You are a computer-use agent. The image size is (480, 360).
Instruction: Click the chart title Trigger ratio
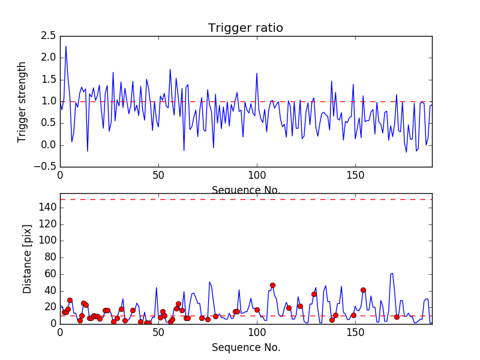point(245,28)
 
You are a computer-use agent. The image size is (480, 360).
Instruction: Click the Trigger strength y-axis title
point(22,101)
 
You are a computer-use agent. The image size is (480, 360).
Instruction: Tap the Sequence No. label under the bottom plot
point(245,347)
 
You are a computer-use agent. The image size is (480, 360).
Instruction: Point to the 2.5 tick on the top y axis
point(48,36)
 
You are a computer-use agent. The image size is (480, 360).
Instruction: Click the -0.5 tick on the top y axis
point(46,167)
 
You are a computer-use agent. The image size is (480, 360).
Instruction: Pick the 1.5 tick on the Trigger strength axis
point(48,80)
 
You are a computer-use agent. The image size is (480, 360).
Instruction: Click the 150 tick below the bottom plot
point(355,333)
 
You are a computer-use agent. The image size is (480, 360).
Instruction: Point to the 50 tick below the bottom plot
point(158,333)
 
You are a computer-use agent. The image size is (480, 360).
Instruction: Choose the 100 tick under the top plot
point(257,175)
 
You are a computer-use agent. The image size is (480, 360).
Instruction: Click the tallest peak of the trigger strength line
point(66,46)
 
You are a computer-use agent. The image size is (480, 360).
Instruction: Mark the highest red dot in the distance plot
point(272,285)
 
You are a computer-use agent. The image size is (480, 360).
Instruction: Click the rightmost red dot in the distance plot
point(397,317)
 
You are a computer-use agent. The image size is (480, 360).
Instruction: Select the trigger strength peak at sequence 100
point(257,74)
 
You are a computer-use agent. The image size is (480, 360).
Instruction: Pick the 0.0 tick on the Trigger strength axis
point(48,145)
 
